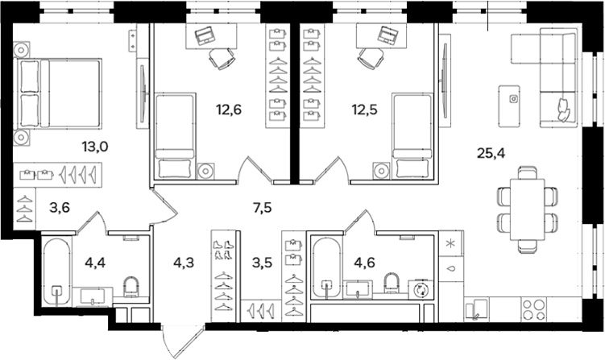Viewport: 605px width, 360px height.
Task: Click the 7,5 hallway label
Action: tap(261, 208)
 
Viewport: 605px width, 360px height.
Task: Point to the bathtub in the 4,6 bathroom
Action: tap(325, 268)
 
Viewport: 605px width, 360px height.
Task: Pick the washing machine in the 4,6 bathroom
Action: tap(420, 292)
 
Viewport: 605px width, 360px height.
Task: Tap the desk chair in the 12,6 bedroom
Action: tap(220, 57)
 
